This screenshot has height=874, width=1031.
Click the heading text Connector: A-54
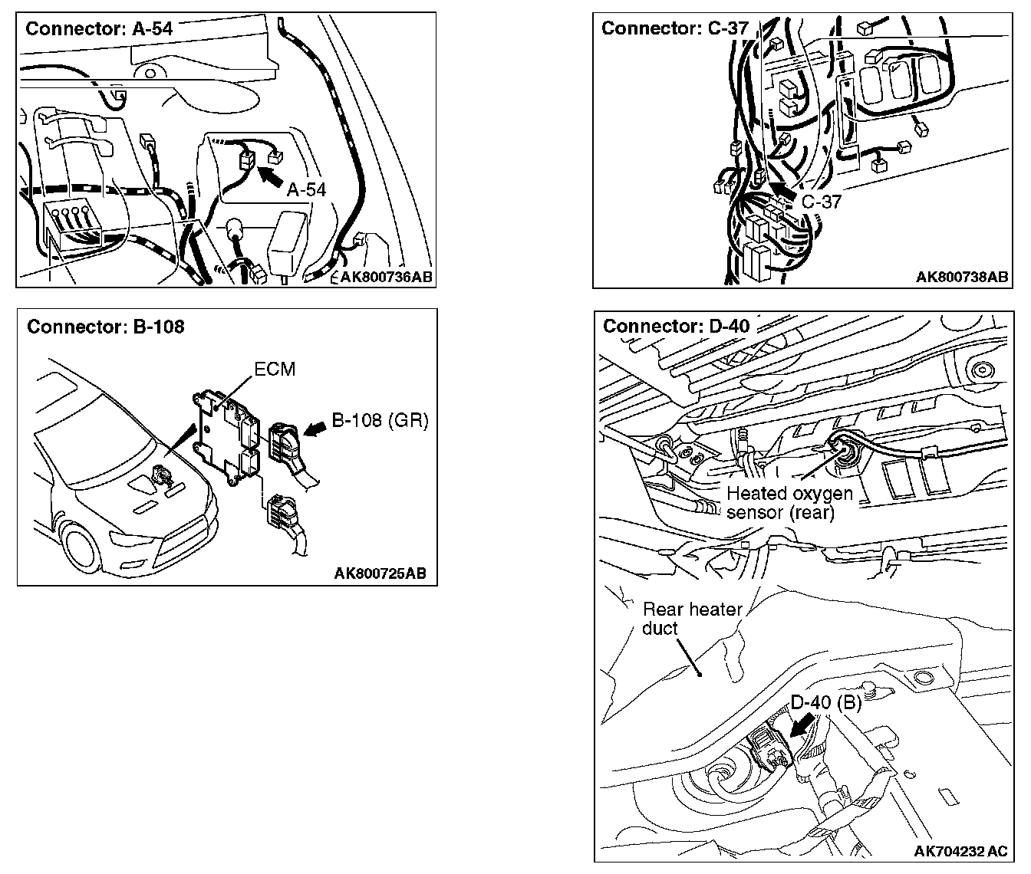(99, 29)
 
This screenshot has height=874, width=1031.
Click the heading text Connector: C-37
(674, 28)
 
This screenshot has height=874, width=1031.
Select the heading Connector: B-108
(105, 327)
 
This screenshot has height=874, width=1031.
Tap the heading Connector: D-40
(676, 326)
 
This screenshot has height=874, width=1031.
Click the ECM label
(275, 369)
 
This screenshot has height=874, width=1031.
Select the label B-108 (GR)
(380, 420)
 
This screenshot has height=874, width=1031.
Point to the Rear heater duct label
(692, 619)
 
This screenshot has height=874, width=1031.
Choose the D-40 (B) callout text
(825, 702)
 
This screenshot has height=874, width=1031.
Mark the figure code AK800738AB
(961, 277)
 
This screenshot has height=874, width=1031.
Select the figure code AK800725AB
(380, 573)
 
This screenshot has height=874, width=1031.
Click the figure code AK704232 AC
(960, 851)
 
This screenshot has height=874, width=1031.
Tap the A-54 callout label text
(306, 190)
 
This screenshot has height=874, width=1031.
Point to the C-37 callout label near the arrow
(822, 202)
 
